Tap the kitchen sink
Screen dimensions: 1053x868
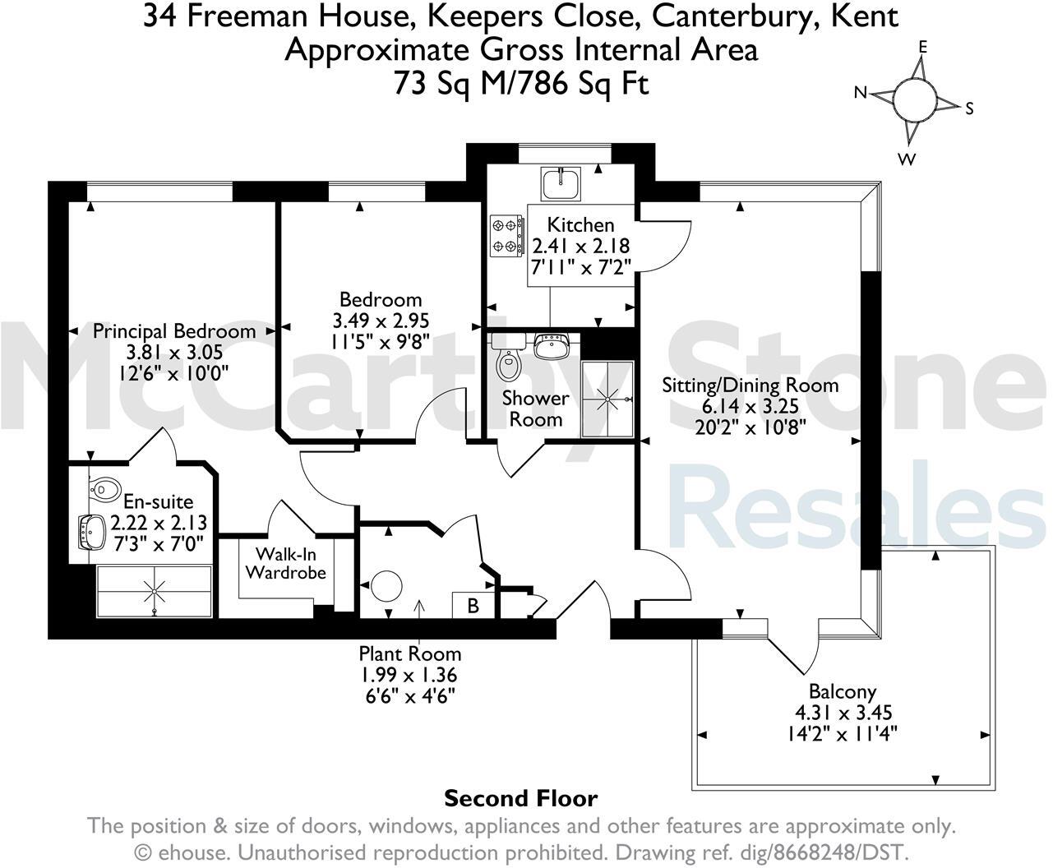(561, 182)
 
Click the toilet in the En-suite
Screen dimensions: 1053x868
(104, 489)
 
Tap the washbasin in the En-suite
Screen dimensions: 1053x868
(90, 532)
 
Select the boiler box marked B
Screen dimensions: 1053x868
(473, 606)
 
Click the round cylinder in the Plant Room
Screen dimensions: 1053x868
(386, 588)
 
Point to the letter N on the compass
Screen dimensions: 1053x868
(861, 93)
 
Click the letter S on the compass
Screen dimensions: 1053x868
(969, 108)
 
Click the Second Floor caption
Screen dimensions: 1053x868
(520, 798)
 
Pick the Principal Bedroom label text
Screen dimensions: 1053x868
(173, 331)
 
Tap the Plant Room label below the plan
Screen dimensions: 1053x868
(409, 653)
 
